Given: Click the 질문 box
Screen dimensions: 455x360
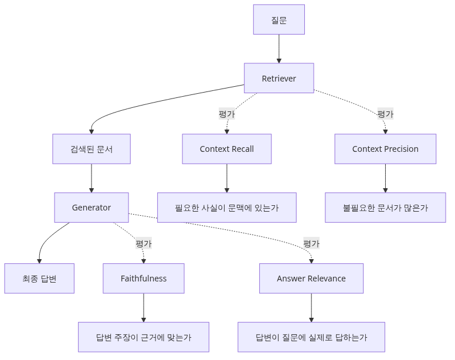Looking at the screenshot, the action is point(279,19).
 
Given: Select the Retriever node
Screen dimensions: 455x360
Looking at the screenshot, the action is point(279,78).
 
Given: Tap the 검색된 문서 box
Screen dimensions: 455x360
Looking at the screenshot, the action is point(91,149).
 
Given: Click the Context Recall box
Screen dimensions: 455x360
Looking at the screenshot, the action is point(227,149).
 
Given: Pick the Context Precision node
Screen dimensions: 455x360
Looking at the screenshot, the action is point(385,149).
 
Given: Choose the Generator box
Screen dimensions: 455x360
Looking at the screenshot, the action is point(91,208).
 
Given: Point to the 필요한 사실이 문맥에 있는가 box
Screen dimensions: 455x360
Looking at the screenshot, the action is point(227,208).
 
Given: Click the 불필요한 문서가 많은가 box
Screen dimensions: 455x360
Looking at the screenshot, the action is point(385,208).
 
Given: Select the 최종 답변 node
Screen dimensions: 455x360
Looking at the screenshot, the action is point(39,279).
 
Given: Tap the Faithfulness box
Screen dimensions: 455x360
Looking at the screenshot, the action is point(144,279).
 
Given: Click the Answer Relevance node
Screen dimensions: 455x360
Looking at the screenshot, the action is point(311,279).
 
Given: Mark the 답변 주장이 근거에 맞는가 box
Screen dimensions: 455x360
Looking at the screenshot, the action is point(144,337).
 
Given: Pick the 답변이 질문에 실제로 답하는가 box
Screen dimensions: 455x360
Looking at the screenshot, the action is point(311,337).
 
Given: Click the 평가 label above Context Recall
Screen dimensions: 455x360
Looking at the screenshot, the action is point(227,114).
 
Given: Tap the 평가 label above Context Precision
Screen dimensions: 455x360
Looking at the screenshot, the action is point(385,114).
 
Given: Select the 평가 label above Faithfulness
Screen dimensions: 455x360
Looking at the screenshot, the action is point(144,243).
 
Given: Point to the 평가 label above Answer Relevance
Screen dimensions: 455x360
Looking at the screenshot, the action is point(311,243).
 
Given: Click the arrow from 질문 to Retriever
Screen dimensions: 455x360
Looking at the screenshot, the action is point(279,49).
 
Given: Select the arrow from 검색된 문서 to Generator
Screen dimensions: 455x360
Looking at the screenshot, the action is point(91,178).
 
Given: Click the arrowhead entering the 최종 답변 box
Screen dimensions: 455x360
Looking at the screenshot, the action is point(39,261).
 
